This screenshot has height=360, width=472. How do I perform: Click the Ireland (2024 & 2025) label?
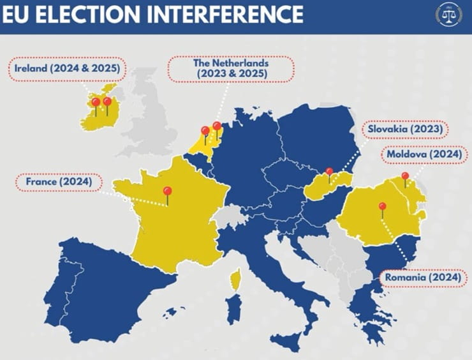[68, 68]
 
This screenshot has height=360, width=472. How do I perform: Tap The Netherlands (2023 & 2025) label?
[230, 68]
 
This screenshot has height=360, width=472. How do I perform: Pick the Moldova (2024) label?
[422, 154]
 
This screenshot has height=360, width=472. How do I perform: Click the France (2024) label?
[59, 182]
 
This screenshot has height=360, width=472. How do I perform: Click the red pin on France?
[167, 191]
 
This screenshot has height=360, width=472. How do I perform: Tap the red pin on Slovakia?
[329, 172]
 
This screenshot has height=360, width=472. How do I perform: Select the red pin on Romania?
[382, 207]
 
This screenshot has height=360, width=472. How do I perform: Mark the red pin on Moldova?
[405, 177]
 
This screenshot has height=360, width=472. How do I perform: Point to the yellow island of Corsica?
[235, 279]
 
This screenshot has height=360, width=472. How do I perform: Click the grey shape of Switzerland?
[230, 215]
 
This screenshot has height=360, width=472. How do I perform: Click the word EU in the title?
[18, 13]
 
